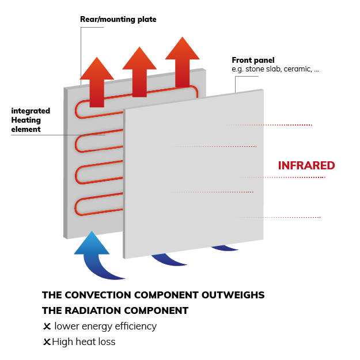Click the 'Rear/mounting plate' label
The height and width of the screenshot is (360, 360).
(118, 19)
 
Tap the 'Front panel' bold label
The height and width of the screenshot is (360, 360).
(253, 60)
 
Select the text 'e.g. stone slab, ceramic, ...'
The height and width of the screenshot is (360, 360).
(275, 69)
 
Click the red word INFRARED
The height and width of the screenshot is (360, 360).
(306, 165)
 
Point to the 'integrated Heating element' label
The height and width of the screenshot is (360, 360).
(31, 120)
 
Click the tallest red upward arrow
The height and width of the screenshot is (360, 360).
(182, 62)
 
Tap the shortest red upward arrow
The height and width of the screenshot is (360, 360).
(97, 82)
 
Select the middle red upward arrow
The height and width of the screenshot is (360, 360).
(139, 72)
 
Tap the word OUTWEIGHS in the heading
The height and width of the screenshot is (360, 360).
(233, 295)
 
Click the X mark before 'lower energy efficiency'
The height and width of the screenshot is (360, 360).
(47, 326)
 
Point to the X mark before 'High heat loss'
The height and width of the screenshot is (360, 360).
(47, 342)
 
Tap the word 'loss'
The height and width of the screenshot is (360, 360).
(107, 342)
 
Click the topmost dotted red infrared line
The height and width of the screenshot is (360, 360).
(268, 125)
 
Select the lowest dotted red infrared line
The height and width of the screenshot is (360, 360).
(276, 217)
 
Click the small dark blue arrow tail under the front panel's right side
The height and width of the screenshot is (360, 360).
(225, 248)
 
